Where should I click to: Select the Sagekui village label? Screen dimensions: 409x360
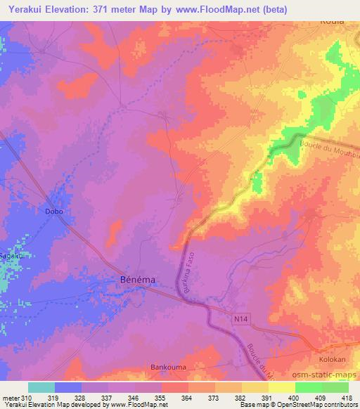point(13,257)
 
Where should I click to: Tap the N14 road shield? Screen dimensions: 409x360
point(241,319)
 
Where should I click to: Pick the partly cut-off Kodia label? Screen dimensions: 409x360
point(333,21)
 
